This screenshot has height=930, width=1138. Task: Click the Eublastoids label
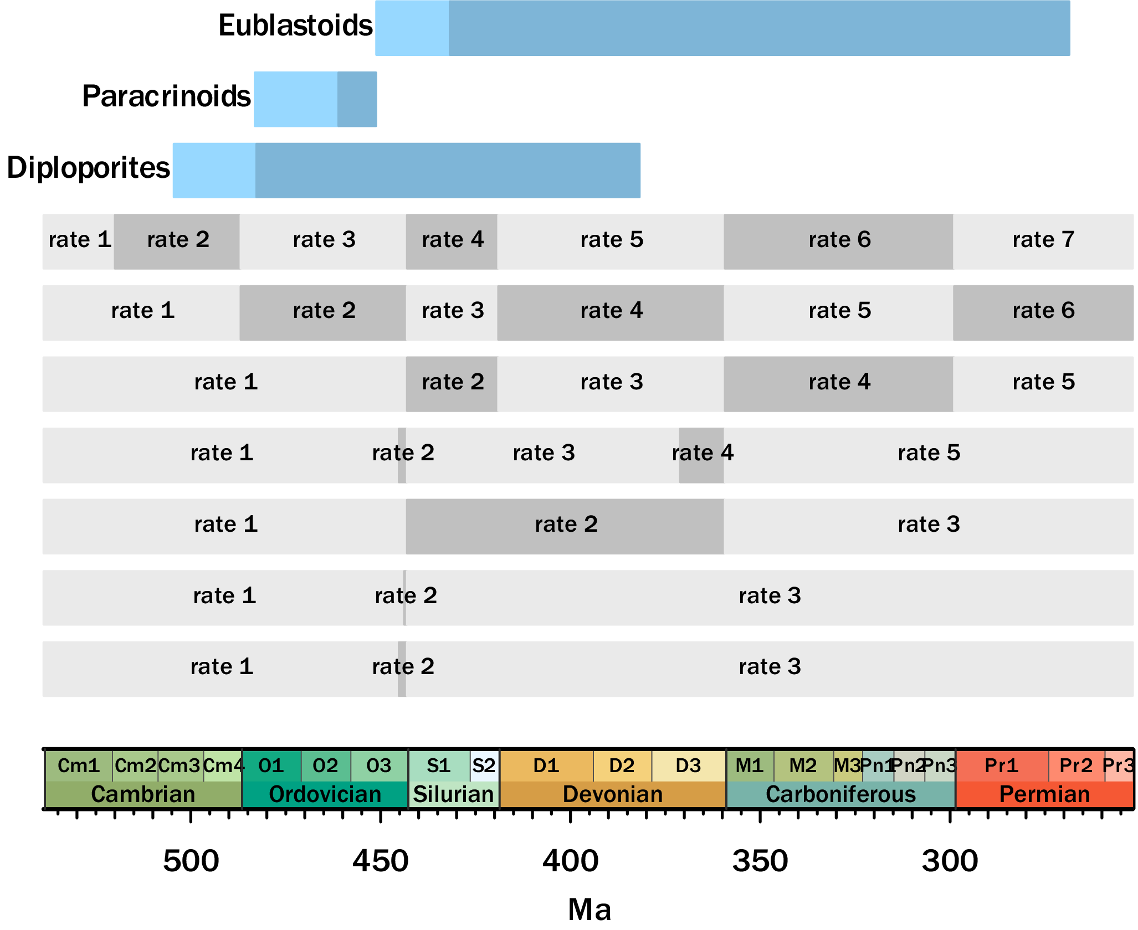(295, 25)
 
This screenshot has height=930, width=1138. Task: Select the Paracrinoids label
(166, 96)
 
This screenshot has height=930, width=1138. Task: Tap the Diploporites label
(88, 168)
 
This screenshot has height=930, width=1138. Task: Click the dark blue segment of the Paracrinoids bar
(357, 99)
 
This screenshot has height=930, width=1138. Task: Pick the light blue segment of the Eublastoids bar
(412, 28)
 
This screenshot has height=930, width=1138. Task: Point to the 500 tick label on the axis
(191, 861)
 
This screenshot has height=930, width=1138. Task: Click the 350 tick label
(760, 861)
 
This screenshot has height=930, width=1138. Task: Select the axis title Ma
(589, 910)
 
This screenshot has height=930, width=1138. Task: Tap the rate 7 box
(1043, 242)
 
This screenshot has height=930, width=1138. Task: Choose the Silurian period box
(454, 794)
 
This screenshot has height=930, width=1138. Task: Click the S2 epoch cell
(484, 765)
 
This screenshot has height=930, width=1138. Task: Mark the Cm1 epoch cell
(79, 765)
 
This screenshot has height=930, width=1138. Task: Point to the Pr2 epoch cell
(1076, 765)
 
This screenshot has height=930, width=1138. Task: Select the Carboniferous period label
(840, 794)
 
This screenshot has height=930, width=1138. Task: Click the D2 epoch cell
(622, 765)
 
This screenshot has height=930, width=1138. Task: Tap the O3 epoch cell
(379, 765)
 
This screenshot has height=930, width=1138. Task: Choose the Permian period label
(1044, 794)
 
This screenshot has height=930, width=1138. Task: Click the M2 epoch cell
(803, 765)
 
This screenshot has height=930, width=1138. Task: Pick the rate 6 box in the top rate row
(838, 242)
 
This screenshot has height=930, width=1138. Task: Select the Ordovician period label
(325, 794)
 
